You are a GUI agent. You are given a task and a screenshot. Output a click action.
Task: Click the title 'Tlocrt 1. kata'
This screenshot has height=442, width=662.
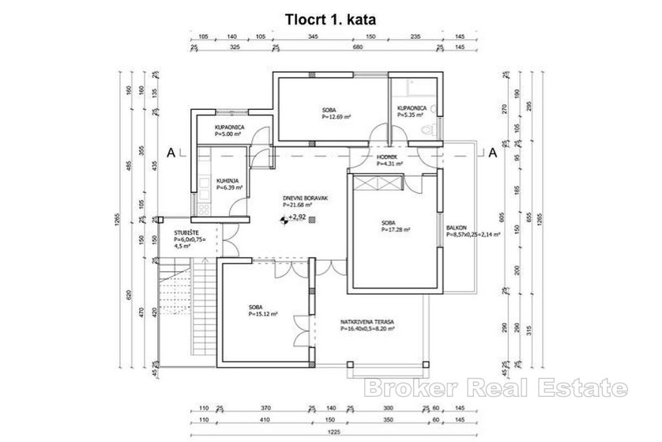click(x=330, y=19)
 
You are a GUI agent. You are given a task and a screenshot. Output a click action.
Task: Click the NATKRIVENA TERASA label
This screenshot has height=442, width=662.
click(x=368, y=322)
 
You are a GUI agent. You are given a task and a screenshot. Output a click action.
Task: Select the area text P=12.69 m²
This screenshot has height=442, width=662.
click(x=336, y=118)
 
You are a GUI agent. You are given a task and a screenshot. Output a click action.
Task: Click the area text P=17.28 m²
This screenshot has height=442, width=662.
click(x=396, y=229)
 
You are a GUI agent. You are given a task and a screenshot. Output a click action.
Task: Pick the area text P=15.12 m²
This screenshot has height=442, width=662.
click(x=263, y=315)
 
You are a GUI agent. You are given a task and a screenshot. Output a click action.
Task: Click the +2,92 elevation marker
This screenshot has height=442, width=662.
click(x=297, y=218)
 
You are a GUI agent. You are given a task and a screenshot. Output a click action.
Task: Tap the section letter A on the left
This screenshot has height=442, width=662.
click(x=171, y=153)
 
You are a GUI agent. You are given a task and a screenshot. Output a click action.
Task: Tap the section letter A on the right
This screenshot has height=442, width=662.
click(x=492, y=153)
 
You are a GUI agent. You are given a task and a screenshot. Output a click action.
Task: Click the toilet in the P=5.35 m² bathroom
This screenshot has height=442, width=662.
click(x=427, y=130)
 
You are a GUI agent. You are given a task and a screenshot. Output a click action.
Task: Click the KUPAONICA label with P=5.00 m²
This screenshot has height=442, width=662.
click(x=229, y=127)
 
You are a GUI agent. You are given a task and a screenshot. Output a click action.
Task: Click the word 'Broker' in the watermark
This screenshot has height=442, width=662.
click(x=400, y=388)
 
